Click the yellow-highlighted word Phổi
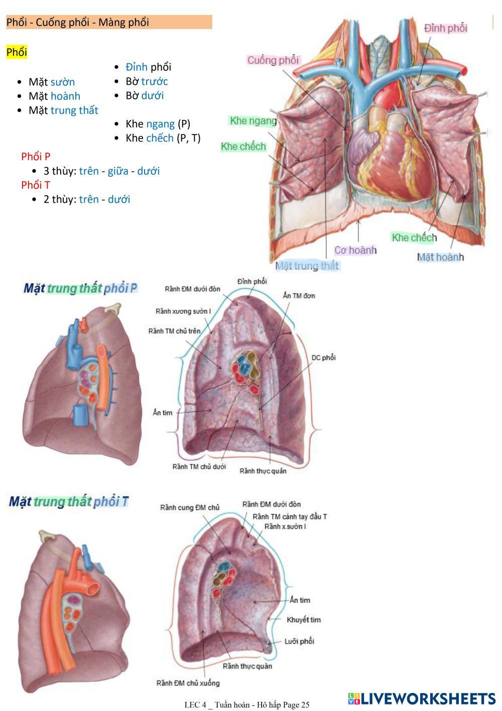click(17, 52)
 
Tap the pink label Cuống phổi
click(273, 60)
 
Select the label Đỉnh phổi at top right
click(445, 28)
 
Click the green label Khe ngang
click(253, 121)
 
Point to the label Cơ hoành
click(355, 250)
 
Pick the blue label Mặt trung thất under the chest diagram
click(307, 265)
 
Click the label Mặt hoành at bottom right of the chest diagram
click(440, 257)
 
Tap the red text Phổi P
click(36, 157)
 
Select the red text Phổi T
click(36, 185)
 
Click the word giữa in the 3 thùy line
click(117, 171)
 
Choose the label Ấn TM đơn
click(299, 296)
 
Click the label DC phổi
click(323, 358)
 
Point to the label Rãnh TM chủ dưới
click(199, 467)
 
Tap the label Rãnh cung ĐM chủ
click(190, 508)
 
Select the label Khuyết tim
click(303, 620)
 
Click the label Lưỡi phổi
click(299, 641)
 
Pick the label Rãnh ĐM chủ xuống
click(188, 683)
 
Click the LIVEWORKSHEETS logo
click(421, 698)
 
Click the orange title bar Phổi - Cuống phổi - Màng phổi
click(109, 22)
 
